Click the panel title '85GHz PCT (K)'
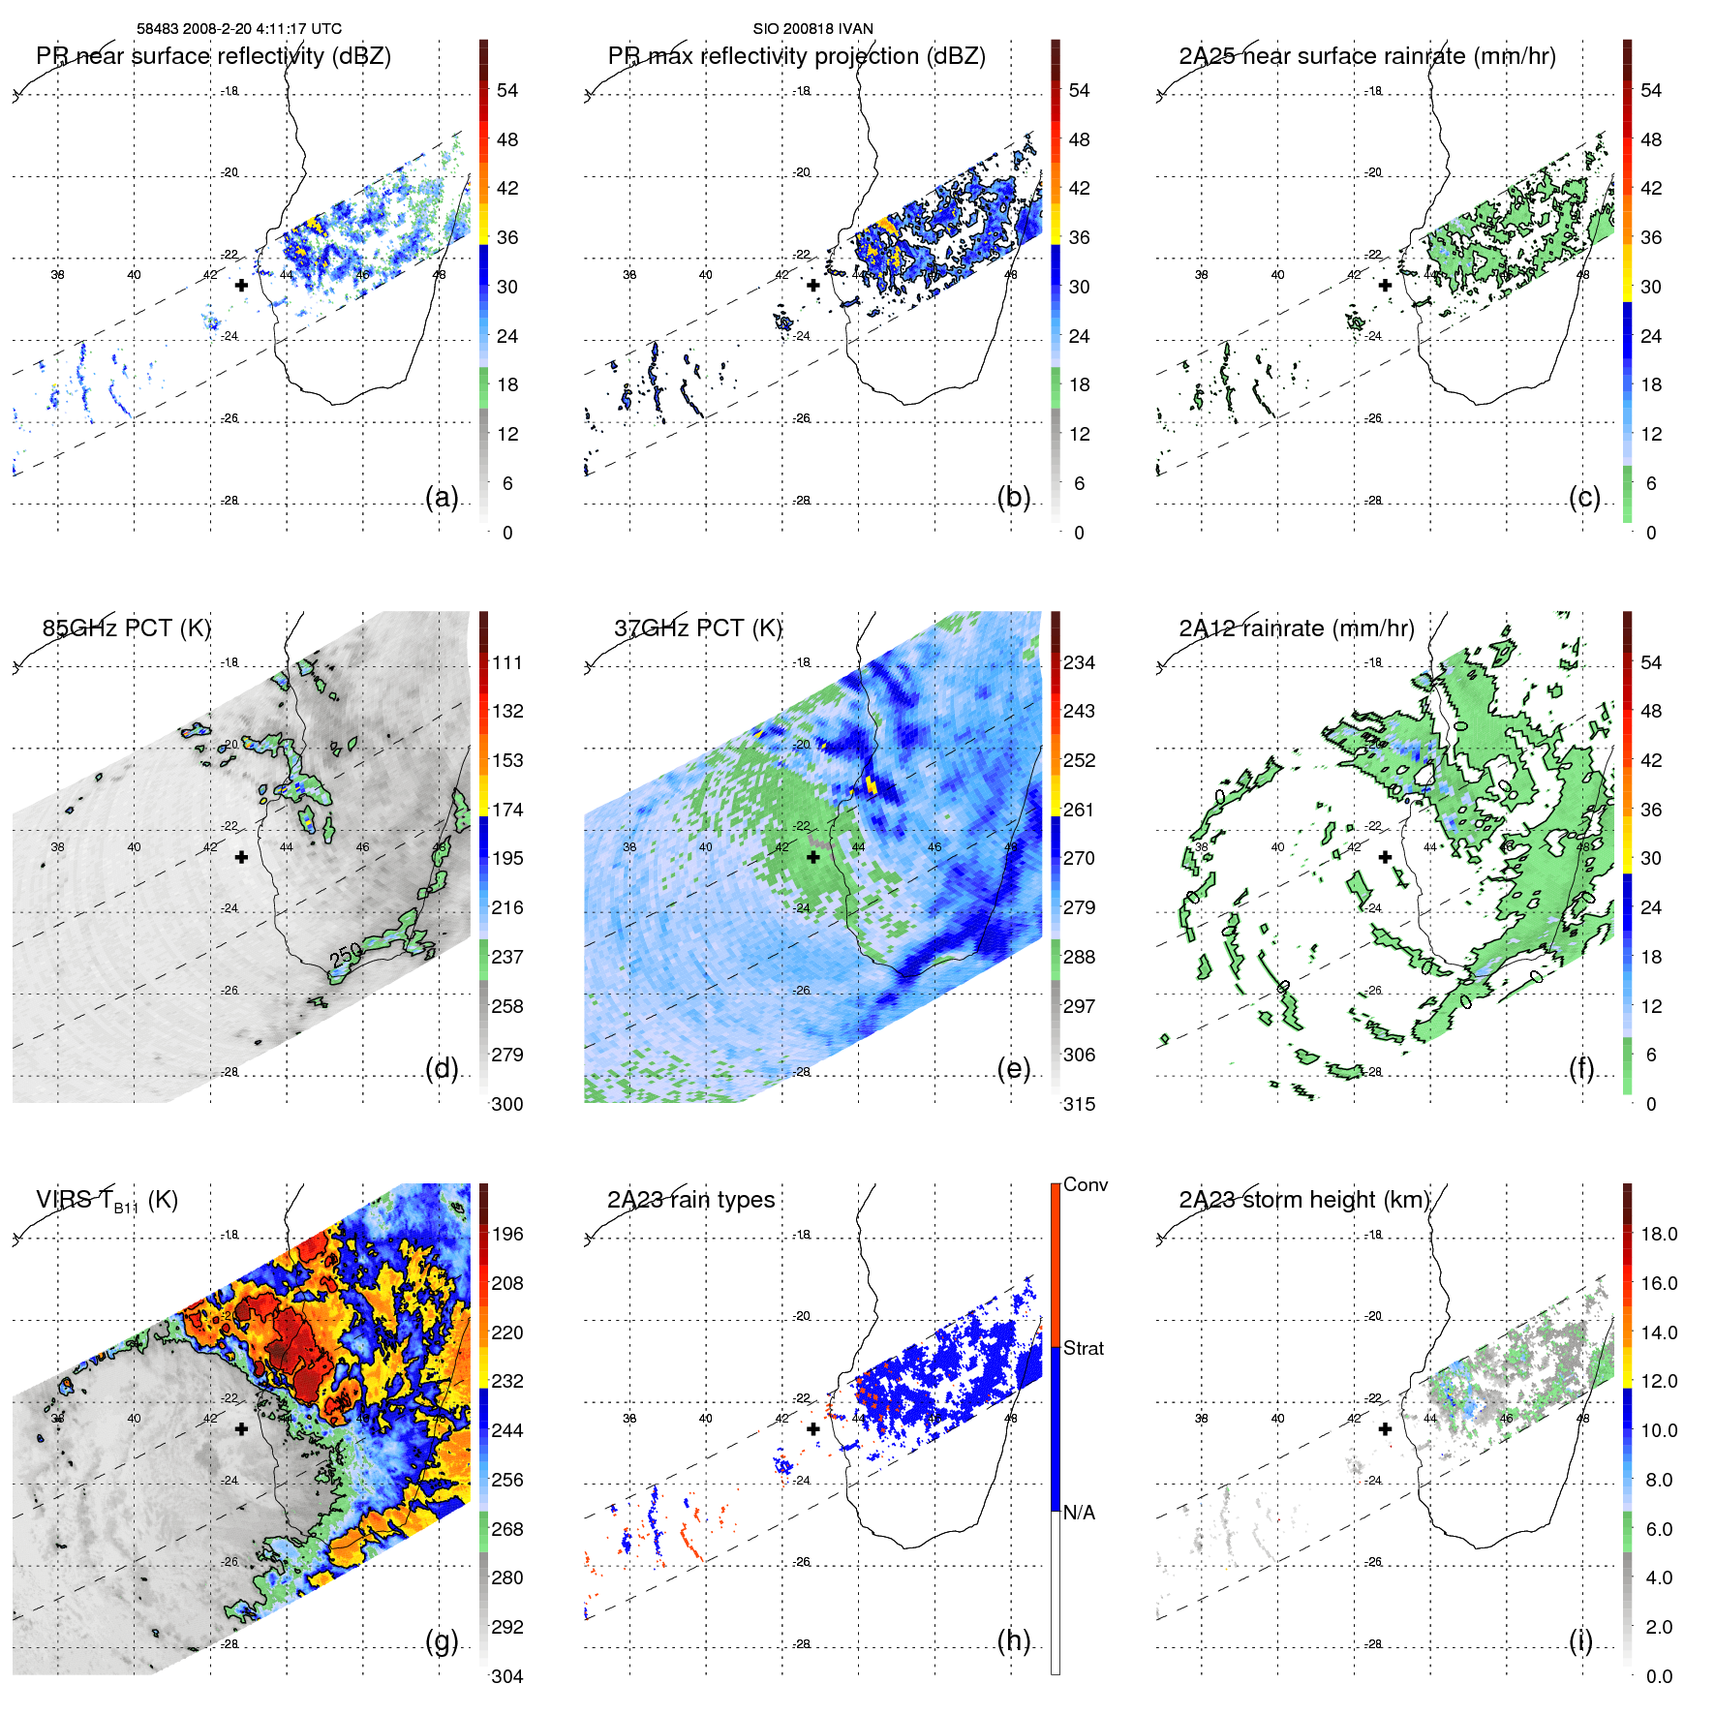pyautogui.click(x=126, y=628)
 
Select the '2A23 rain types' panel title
pyautogui.click(x=690, y=1200)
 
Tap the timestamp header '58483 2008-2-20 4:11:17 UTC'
pyautogui.click(x=238, y=29)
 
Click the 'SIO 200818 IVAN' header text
pyautogui.click(x=812, y=29)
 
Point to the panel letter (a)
pyautogui.click(x=442, y=497)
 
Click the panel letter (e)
pyautogui.click(x=1013, y=1068)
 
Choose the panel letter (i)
pyautogui.click(x=1580, y=1640)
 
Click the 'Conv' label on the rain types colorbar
pyautogui.click(x=1085, y=1184)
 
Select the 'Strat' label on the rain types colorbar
pyautogui.click(x=1083, y=1348)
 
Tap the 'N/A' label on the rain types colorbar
pyautogui.click(x=1079, y=1513)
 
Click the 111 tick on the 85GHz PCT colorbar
pyautogui.click(x=506, y=662)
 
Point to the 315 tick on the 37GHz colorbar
pyautogui.click(x=1079, y=1104)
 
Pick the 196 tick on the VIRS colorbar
pyautogui.click(x=506, y=1234)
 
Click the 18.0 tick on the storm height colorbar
pyautogui.click(x=1658, y=1234)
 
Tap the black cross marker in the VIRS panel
pyautogui.click(x=241, y=1428)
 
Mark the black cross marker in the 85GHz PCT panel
pyautogui.click(x=241, y=857)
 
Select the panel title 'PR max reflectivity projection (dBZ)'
pyautogui.click(x=796, y=56)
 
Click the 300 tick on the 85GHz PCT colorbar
pyautogui.click(x=506, y=1104)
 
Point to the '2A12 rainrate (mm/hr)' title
pyautogui.click(x=1296, y=628)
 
